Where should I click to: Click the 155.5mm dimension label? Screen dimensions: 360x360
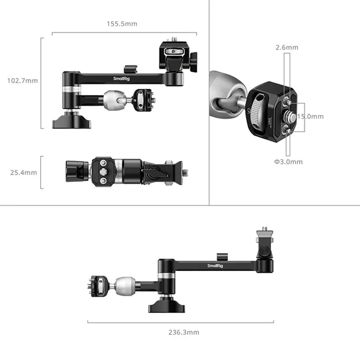click(122, 24)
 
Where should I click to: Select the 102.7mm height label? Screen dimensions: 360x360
click(23, 80)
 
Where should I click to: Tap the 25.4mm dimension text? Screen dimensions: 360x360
click(23, 173)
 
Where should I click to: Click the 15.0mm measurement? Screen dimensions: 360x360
click(310, 117)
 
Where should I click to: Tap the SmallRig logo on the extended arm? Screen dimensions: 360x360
click(217, 266)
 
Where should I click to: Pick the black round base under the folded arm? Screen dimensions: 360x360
click(70, 122)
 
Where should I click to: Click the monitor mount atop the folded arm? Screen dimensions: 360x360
click(178, 57)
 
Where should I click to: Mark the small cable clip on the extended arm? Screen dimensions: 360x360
click(225, 257)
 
